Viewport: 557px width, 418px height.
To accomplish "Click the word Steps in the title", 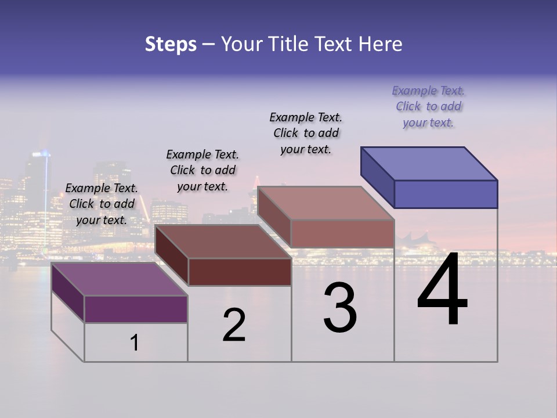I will pos(171,44).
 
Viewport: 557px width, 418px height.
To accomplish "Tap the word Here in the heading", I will pos(381,44).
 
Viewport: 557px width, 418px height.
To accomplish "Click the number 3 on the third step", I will pos(340,308).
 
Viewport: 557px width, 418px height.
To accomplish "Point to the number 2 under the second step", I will pos(234,325).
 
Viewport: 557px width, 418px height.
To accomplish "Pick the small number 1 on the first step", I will pos(135,343).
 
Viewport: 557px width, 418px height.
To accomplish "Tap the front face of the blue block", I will pos(446,194).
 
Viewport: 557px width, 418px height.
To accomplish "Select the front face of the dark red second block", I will pos(240,272).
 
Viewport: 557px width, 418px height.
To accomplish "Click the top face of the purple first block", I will pos(120,279).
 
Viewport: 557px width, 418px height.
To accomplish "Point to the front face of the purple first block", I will pos(136,309).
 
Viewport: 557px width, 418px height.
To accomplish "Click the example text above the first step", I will pos(102,204).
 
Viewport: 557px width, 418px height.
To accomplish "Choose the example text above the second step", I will pos(202,170).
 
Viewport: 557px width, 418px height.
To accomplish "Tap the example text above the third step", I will pos(306,133).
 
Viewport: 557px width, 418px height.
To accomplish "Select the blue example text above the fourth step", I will pos(428,106).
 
